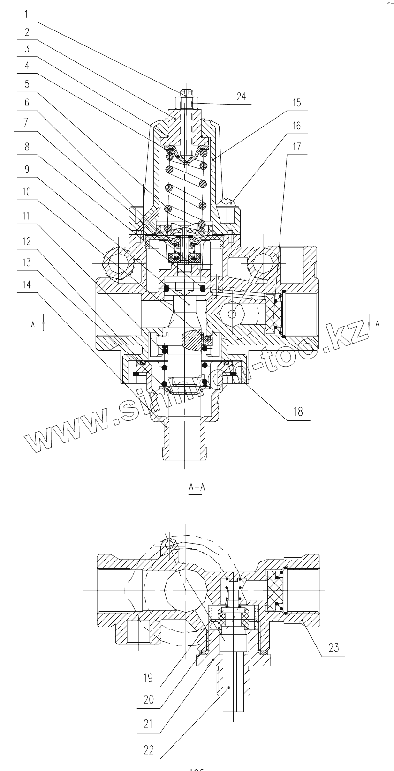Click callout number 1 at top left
tap(27, 14)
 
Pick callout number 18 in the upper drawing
tap(297, 412)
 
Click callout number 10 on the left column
tap(27, 192)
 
